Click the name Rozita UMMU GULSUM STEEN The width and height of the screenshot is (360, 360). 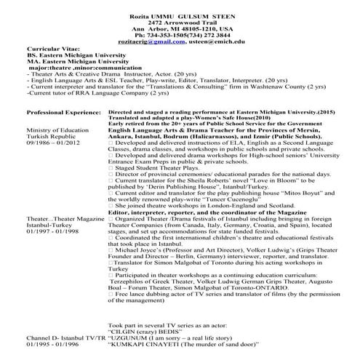coord(179,6)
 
